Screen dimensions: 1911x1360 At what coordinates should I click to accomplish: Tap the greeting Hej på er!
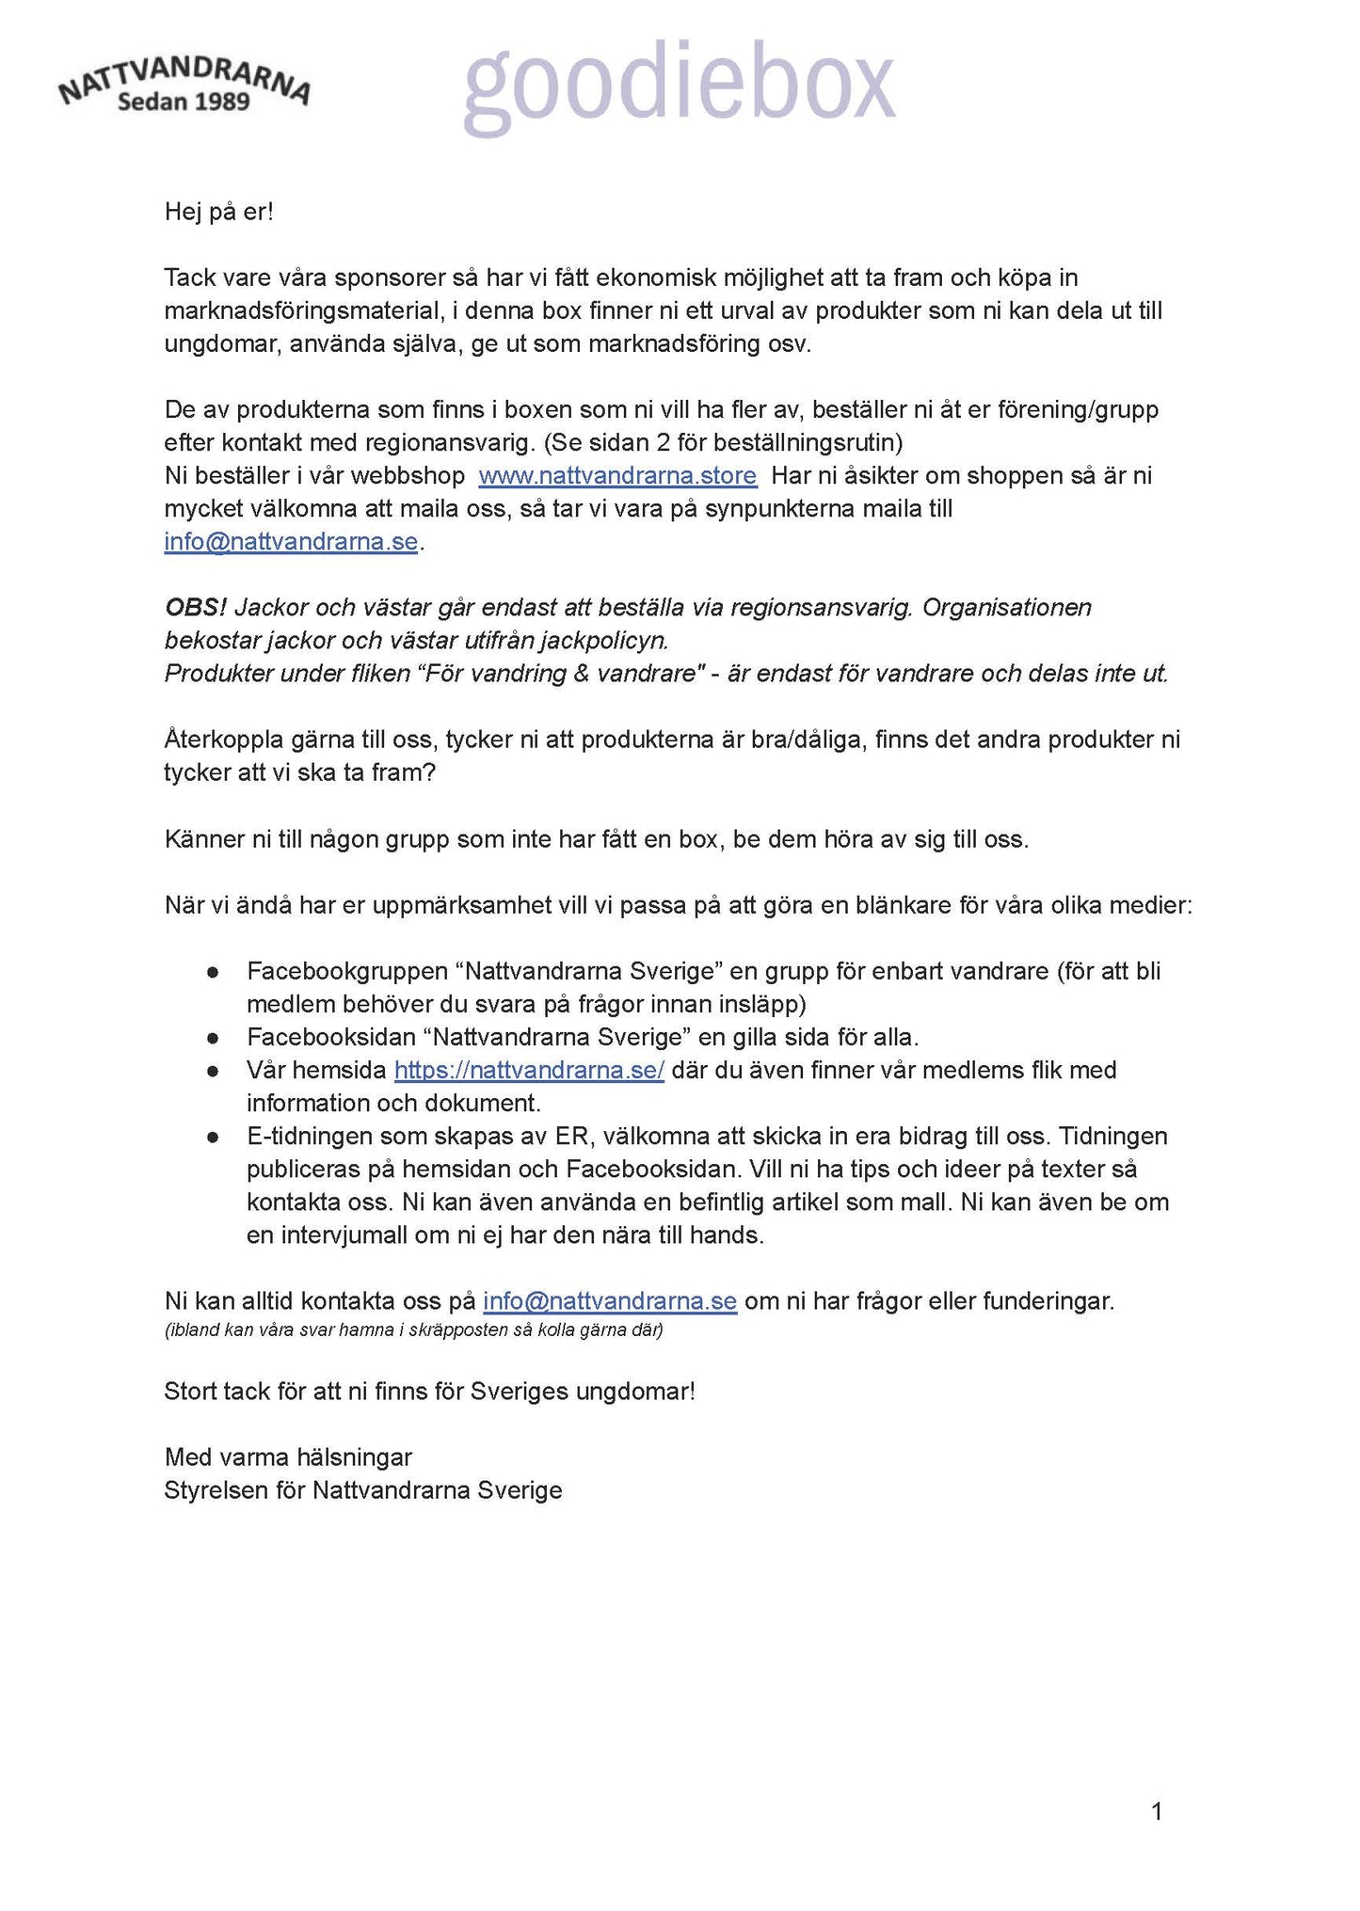(218, 212)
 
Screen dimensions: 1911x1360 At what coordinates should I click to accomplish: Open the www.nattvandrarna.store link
(617, 476)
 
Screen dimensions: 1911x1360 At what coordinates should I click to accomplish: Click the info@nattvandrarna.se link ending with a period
(291, 543)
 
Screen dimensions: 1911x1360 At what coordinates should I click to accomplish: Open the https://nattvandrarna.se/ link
(529, 1071)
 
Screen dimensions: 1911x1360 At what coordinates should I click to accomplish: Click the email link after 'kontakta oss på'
(609, 1301)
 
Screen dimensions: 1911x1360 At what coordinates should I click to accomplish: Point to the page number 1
(1157, 1811)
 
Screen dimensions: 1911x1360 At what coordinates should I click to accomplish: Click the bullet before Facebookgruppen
(214, 972)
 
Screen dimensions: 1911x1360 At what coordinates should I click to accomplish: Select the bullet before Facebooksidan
(214, 1038)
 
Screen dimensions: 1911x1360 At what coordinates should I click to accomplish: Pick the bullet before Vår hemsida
(214, 1071)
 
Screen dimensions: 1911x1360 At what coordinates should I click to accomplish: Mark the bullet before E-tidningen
(214, 1137)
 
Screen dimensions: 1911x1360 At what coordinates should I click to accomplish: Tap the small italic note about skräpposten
(413, 1331)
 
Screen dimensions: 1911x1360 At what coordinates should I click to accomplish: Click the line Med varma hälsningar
(288, 1457)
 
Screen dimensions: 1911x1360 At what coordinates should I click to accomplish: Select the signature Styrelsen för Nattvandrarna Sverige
(362, 1490)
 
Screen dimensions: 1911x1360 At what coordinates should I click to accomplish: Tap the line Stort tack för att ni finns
(429, 1392)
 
